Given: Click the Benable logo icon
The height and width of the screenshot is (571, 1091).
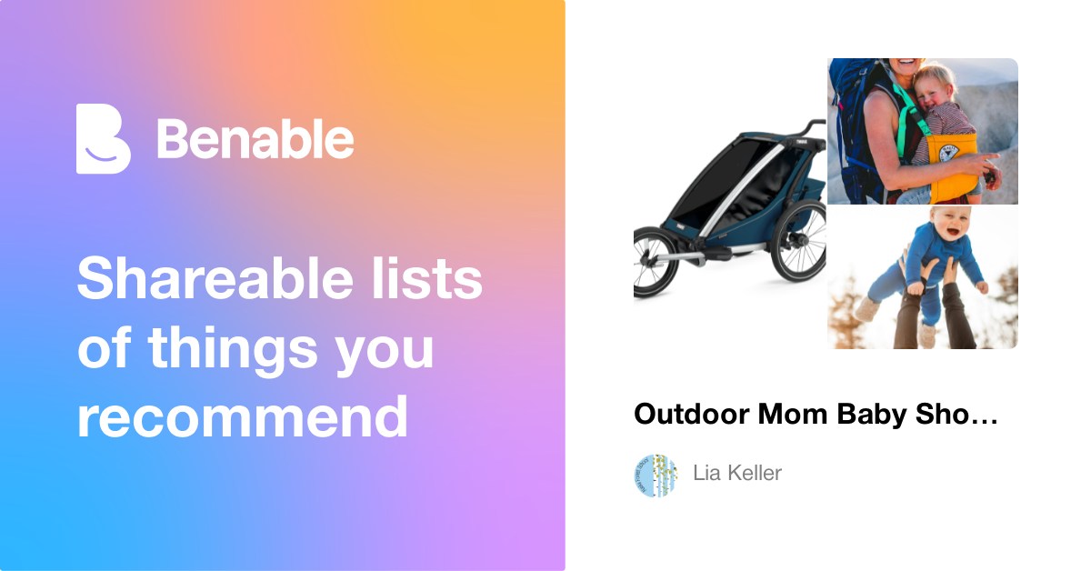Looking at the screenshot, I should coord(103,139).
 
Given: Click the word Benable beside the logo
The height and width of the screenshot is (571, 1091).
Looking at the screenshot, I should coord(255,139).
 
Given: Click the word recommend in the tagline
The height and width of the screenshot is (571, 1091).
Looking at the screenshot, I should coord(242,417).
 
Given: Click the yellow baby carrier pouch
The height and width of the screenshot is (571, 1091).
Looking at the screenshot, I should coord(946,165).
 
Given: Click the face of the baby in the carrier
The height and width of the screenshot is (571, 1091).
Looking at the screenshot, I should coord(934,88).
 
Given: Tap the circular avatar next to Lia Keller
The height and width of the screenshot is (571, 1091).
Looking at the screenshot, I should coord(656,475).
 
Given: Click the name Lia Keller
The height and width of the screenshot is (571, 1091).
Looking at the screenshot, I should coord(737,474).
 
